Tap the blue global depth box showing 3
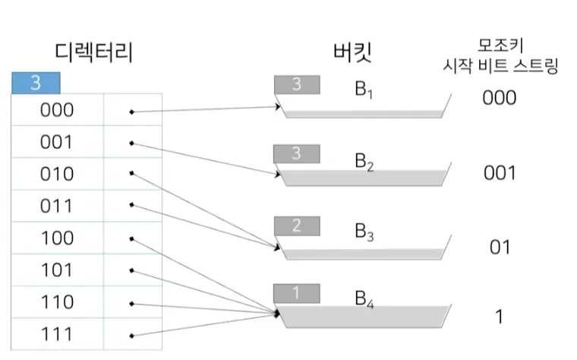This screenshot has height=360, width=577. (x=35, y=82)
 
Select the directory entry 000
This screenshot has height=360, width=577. (x=57, y=110)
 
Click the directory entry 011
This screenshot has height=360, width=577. (x=57, y=206)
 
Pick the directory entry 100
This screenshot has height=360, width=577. (x=57, y=238)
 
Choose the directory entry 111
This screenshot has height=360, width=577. (x=57, y=334)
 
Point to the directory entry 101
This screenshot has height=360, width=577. (x=57, y=270)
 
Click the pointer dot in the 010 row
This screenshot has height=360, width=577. (x=131, y=173)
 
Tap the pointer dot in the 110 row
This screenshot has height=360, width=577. (x=131, y=302)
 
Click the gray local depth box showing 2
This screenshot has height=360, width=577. (x=296, y=226)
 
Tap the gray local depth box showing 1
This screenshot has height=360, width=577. (x=296, y=292)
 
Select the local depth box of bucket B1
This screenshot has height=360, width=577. (x=296, y=84)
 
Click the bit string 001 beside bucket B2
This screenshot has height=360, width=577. (x=500, y=173)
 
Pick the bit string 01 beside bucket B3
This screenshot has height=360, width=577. (x=500, y=247)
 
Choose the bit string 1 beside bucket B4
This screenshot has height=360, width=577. (x=500, y=317)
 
